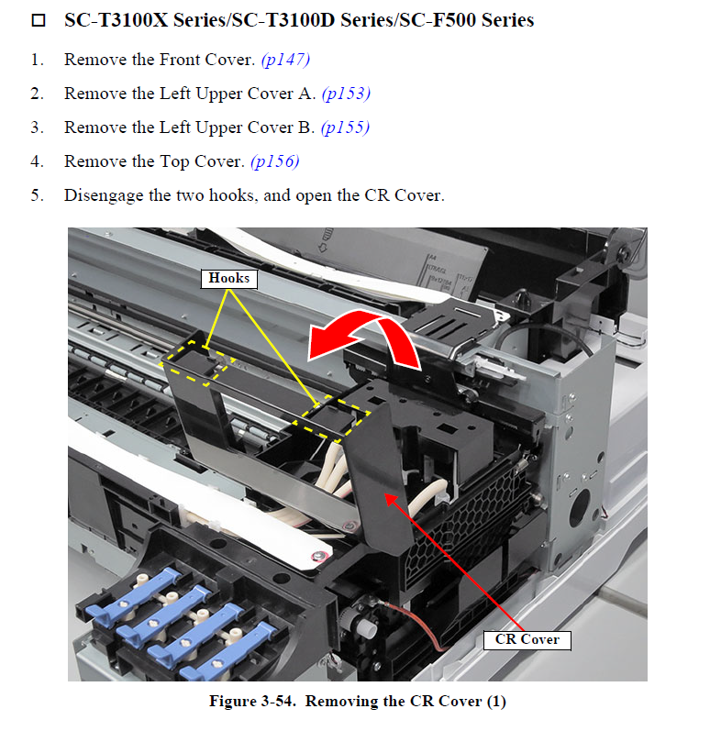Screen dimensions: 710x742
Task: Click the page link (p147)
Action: pos(285,60)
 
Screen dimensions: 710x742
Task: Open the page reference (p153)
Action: pos(346,94)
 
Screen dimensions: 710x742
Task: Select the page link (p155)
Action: pos(345,127)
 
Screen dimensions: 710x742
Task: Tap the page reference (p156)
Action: pos(275,161)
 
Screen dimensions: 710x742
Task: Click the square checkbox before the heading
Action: pos(39,20)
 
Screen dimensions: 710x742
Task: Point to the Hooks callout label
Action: pos(229,278)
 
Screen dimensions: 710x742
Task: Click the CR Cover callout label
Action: pos(527,640)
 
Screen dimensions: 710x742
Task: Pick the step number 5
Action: pos(37,195)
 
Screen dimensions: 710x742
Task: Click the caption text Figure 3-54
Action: pos(253,701)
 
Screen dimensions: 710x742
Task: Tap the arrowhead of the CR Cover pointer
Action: pos(389,498)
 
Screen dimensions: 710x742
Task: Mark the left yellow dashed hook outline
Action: pos(199,362)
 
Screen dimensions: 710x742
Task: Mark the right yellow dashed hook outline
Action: pos(331,418)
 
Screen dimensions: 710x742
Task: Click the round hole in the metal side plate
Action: pos(580,508)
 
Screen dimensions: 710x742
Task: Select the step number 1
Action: pos(37,60)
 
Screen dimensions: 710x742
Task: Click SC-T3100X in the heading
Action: pos(116,20)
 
